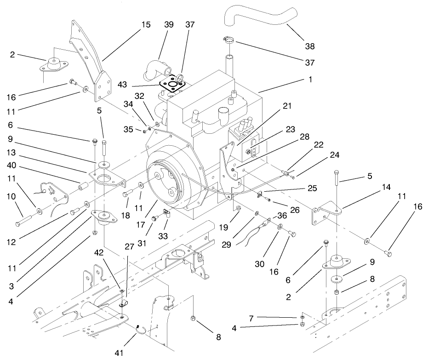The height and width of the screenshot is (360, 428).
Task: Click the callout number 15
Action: coord(146,24)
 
